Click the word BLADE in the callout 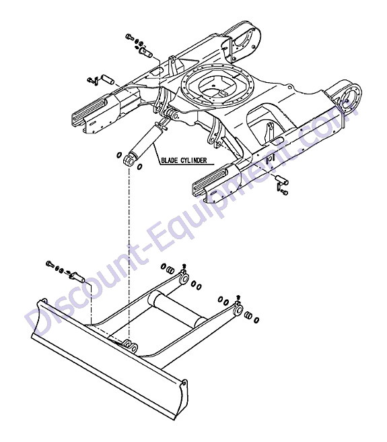(170, 160)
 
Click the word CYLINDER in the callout (193, 160)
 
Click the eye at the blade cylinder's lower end (129, 160)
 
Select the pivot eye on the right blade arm (238, 310)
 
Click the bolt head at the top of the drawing (129, 36)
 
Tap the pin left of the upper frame (108, 79)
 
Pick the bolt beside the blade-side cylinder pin (49, 264)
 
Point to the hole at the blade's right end (184, 383)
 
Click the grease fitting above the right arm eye (238, 298)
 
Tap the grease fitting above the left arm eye (184, 267)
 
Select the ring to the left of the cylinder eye (119, 155)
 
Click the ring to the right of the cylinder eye (139, 167)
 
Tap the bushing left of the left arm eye (170, 270)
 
